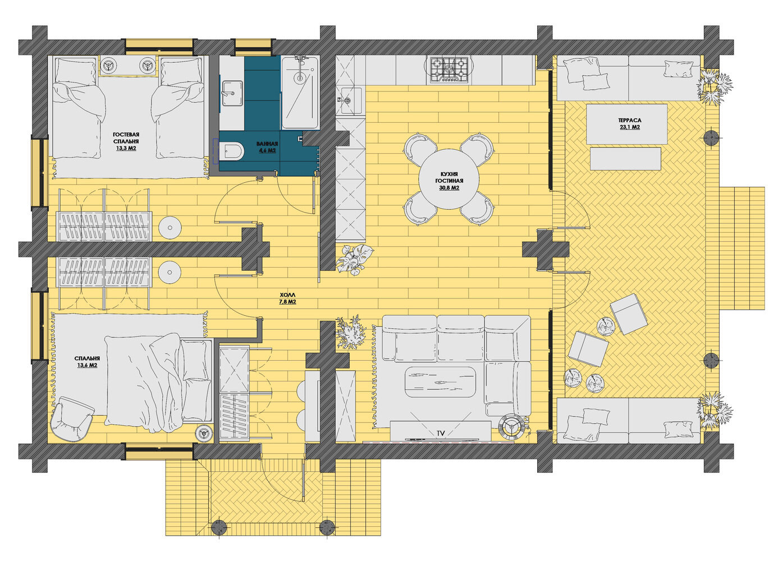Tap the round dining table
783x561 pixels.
tap(449, 180)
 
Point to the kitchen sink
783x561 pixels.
tap(351, 100)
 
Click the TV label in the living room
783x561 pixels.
tap(441, 433)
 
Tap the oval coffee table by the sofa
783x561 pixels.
tap(441, 381)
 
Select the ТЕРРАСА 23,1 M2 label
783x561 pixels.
tap(630, 123)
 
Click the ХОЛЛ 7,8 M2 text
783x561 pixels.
tap(287, 298)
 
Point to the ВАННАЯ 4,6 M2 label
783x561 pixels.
tap(267, 147)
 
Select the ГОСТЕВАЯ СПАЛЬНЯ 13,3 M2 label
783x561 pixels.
tap(126, 141)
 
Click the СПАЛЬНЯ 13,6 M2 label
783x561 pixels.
tap(87, 362)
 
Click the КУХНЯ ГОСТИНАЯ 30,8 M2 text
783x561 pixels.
tap(449, 181)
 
